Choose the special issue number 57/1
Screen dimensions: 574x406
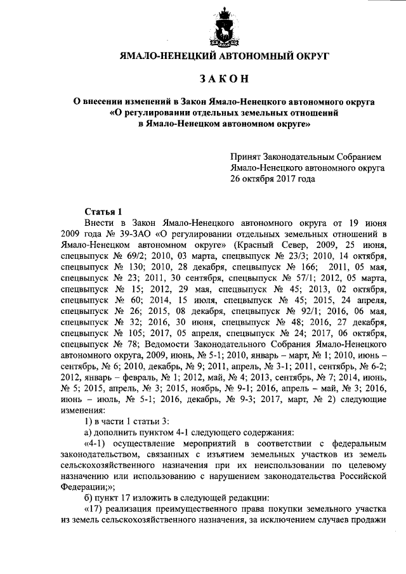(x=299, y=284)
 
